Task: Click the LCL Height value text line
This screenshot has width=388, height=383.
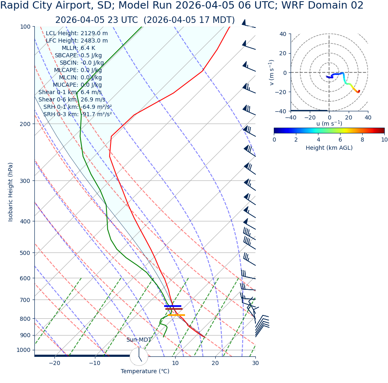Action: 77,33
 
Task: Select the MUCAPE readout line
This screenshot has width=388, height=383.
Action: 77,85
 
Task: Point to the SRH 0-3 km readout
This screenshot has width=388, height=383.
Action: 77,114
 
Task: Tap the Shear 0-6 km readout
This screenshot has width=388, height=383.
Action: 72,99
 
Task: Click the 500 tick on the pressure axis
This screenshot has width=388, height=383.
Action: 25,253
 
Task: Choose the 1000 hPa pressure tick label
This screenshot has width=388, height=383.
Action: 23,350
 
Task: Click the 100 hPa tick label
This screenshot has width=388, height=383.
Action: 25,27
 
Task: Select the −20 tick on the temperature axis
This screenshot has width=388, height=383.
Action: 54,363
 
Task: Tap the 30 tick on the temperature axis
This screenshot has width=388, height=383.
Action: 255,363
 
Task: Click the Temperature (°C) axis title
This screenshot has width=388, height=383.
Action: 145,372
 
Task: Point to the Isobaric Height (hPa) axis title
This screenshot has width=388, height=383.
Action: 11,192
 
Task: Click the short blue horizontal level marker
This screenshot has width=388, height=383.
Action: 173,306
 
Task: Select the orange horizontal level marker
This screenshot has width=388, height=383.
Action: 176,315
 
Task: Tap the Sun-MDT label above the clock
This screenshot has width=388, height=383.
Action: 139,340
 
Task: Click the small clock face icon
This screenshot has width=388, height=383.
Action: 139,356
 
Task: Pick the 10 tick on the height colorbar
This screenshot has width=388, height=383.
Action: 384,140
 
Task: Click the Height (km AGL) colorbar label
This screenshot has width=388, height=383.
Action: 329,148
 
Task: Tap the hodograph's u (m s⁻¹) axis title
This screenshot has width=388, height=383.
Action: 329,124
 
